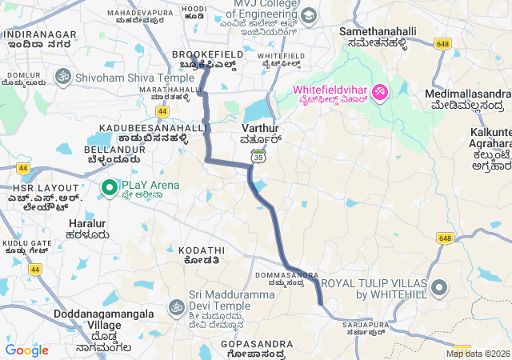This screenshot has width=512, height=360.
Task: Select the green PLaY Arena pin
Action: [x=109, y=188]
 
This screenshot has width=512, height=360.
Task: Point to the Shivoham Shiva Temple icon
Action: [x=62, y=78]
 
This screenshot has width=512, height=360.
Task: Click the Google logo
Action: [x=26, y=350]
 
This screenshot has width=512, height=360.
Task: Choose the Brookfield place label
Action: [x=204, y=57]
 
